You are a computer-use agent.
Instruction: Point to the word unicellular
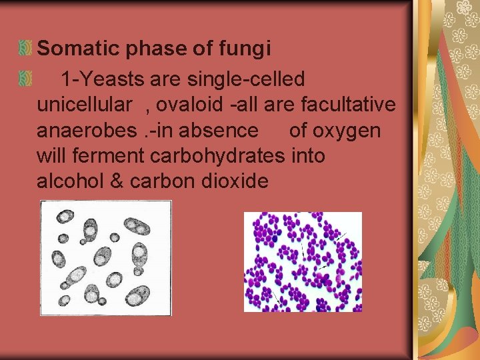84,105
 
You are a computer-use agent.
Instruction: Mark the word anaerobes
87,130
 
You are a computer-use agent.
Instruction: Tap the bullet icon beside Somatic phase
26,48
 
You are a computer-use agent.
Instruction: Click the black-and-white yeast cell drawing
105,258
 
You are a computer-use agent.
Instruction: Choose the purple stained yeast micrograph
303,261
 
